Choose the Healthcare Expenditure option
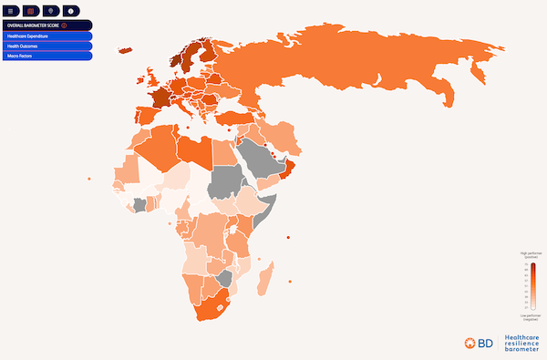[46, 36]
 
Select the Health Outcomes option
[46, 46]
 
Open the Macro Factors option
[46, 56]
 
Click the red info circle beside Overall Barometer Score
[64, 25]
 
